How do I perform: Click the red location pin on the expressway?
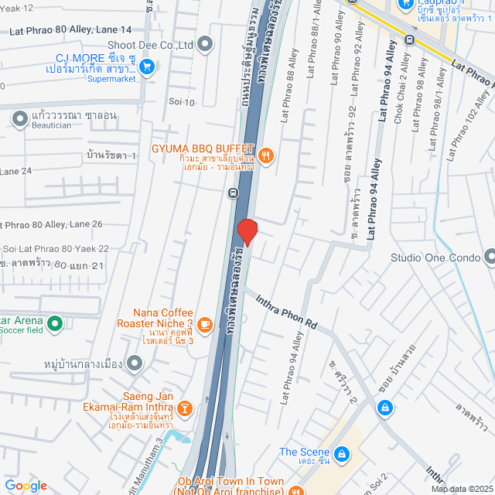pos(247,231)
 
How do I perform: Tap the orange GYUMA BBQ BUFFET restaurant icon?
pos(266,155)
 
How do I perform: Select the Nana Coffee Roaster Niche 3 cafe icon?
pos(204,323)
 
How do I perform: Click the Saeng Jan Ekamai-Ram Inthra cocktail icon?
pos(185,408)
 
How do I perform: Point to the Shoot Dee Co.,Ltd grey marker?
pos(205,45)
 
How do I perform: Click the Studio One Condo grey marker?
pos(489,257)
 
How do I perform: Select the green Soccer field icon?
pos(54,323)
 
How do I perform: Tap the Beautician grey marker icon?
pos(19,117)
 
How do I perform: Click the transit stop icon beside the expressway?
pos(233,192)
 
